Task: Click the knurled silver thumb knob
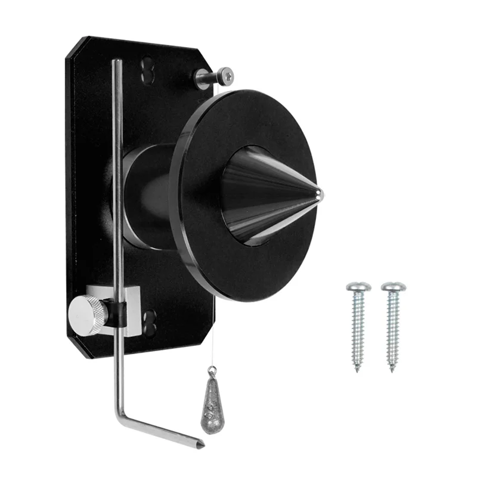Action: pyautogui.click(x=87, y=314)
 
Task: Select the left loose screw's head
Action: pyautogui.click(x=358, y=287)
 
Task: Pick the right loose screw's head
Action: pyautogui.click(x=394, y=287)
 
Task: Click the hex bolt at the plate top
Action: pyautogui.click(x=225, y=76)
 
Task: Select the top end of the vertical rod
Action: pyautogui.click(x=117, y=61)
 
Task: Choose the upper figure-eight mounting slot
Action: pyautogui.click(x=147, y=70)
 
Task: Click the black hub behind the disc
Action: pyautogui.click(x=143, y=197)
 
